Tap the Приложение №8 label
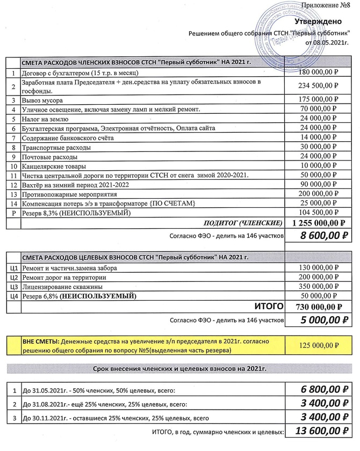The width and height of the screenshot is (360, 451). tap(328, 6)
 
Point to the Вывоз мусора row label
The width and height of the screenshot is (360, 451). tap(42, 100)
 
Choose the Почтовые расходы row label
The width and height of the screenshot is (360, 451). tap(48, 157)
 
